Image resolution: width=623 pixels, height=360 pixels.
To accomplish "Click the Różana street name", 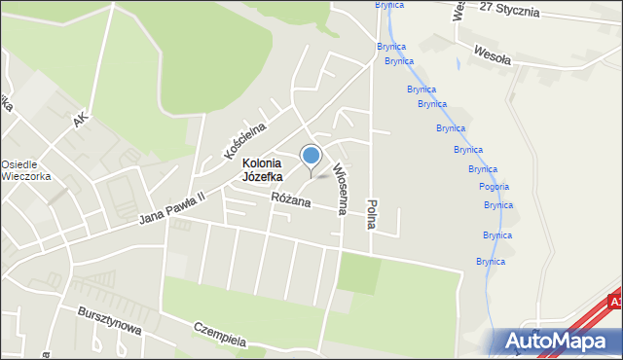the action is [x=291, y=201].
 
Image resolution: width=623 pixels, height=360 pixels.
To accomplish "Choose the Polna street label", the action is [x=371, y=213].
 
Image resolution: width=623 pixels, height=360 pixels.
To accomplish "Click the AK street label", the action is [x=81, y=120].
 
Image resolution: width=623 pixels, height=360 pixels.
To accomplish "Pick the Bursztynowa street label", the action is [x=110, y=322].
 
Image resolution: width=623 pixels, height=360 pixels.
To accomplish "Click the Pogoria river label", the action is [x=494, y=187].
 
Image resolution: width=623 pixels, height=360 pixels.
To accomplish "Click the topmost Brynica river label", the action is [x=389, y=5].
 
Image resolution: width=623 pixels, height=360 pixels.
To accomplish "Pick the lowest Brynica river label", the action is [x=491, y=261].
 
